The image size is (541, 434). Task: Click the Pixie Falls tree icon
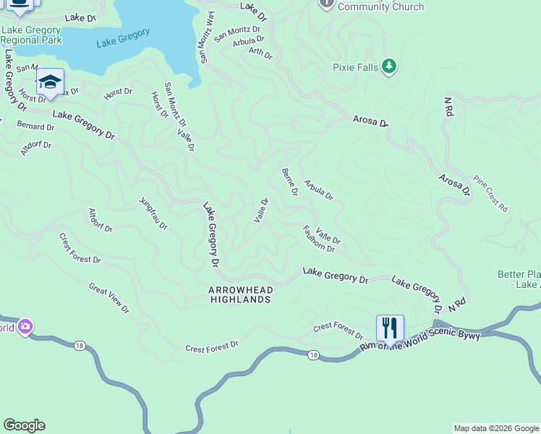point(390,67)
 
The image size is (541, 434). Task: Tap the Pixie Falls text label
point(355,67)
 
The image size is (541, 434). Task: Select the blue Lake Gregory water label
point(123,38)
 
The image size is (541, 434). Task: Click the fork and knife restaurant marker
point(390,328)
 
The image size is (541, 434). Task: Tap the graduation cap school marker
point(50,82)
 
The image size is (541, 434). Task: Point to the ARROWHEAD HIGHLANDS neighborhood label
point(240,294)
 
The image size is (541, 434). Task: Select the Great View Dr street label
point(108,298)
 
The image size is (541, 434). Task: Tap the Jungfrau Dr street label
point(153,213)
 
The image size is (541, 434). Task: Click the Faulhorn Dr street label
point(318,239)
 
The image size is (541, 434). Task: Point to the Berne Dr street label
point(289,182)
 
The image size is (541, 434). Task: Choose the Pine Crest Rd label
point(490,193)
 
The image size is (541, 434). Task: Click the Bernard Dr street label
point(35,126)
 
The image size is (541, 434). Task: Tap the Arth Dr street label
point(260,53)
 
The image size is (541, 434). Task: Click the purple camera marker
point(25,328)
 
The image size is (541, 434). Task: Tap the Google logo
point(24,425)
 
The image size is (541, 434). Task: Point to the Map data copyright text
point(495,428)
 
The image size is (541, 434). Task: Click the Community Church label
point(380,7)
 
